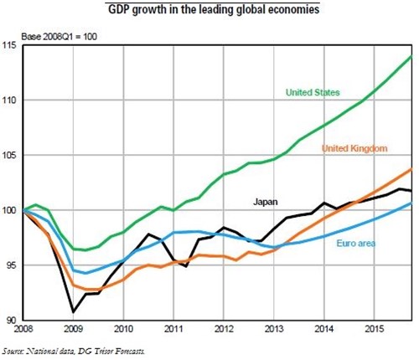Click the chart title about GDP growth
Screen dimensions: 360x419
214,11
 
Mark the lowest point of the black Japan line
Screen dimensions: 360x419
75,311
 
